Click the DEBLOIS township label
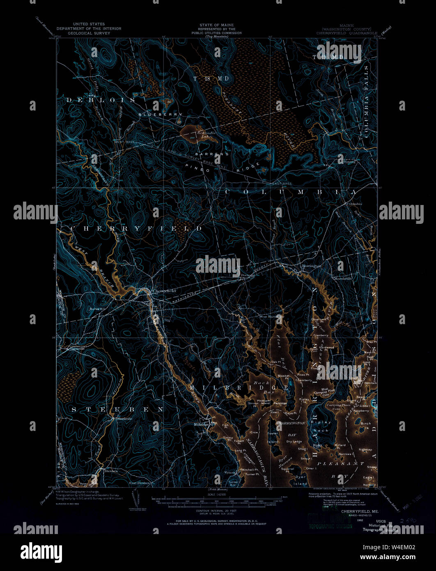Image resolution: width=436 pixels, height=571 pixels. (100, 100)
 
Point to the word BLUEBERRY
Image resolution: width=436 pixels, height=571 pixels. (160, 114)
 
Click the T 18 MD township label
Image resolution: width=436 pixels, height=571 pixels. (211, 78)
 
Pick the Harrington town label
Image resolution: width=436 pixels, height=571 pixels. (311, 266)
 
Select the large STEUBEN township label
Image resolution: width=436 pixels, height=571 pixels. (118, 410)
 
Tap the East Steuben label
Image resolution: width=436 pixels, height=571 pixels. (139, 483)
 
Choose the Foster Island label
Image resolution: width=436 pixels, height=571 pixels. (273, 437)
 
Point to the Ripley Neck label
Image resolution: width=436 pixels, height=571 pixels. (321, 426)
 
